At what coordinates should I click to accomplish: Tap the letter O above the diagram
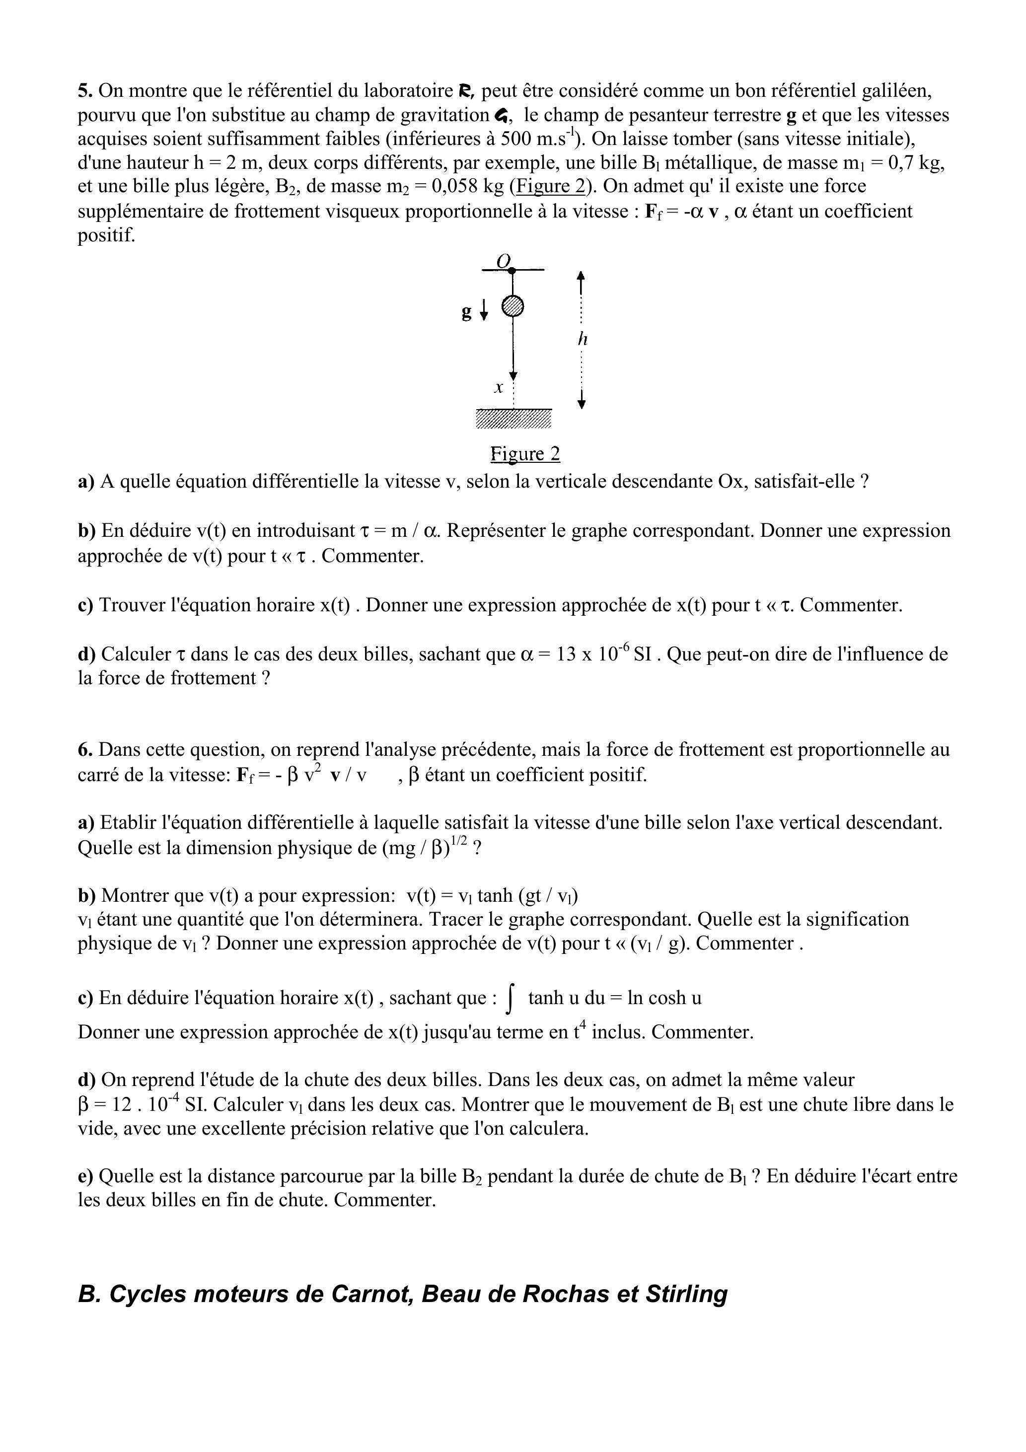[503, 261]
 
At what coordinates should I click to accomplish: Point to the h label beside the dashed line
[583, 340]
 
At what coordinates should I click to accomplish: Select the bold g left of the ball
[467, 312]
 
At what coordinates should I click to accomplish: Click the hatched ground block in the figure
[513, 418]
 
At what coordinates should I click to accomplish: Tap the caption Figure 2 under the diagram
[525, 454]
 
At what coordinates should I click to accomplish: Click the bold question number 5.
[85, 91]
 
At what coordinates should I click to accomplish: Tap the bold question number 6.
[85, 750]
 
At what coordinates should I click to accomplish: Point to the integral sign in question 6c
[511, 999]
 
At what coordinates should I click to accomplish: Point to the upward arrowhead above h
[582, 276]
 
